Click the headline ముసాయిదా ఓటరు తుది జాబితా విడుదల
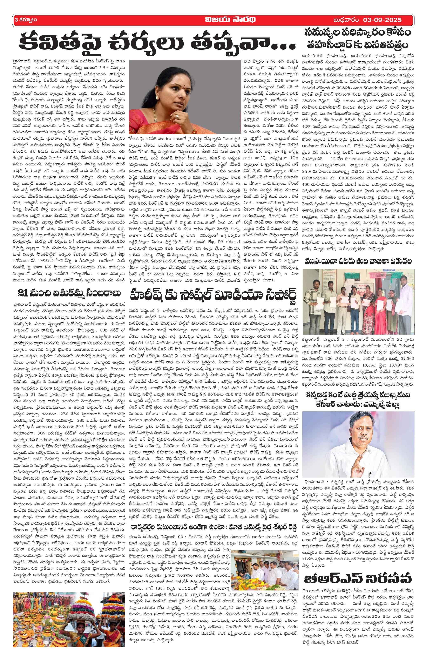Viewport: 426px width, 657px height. point(358,262)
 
